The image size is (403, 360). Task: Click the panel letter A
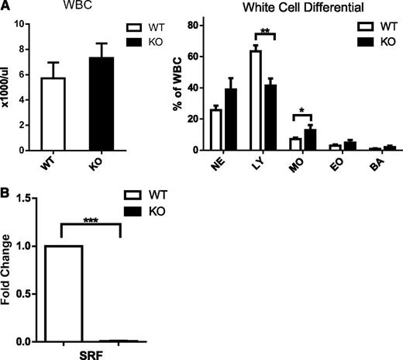pyautogui.click(x=6, y=7)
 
